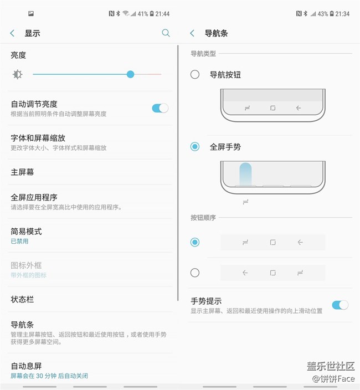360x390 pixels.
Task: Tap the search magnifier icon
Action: (x=166, y=33)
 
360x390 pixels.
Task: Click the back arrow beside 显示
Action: (x=12, y=33)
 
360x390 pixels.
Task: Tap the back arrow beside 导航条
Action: (x=192, y=33)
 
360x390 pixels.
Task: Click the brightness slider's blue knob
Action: (x=130, y=74)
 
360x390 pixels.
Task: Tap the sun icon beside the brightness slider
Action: (x=18, y=74)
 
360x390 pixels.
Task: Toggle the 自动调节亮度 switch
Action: (x=160, y=108)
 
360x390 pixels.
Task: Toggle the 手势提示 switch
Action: (x=340, y=305)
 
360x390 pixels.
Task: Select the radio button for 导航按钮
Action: (x=195, y=74)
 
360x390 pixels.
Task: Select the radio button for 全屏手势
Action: (x=195, y=147)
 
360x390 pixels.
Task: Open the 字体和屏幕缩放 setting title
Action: (x=38, y=138)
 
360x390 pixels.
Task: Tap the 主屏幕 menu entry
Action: (x=23, y=172)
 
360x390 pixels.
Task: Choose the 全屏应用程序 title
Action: (x=34, y=197)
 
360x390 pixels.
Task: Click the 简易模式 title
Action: (x=27, y=232)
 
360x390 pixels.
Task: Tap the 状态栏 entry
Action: (x=23, y=300)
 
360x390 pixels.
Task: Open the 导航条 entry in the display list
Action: (x=23, y=325)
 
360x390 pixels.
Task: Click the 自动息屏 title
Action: (x=27, y=366)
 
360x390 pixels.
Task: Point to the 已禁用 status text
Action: (x=19, y=242)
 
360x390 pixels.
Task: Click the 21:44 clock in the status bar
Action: (x=162, y=14)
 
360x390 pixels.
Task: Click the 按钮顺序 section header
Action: (x=203, y=218)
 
